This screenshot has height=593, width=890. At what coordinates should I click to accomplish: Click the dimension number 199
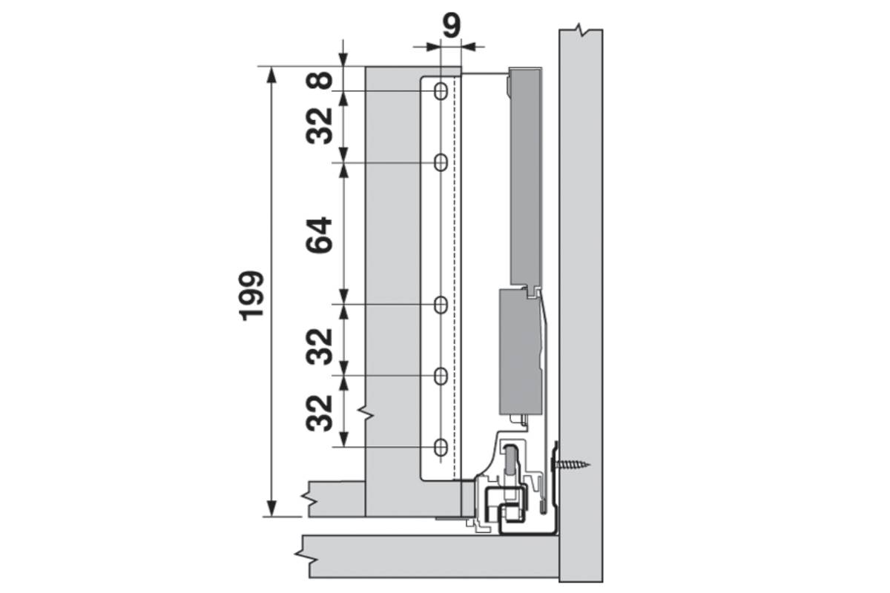[x=252, y=296]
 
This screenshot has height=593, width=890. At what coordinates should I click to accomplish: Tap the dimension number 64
[x=319, y=235]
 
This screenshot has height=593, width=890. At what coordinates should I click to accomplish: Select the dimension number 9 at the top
[x=452, y=25]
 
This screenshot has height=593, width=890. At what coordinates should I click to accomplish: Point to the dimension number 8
[x=319, y=80]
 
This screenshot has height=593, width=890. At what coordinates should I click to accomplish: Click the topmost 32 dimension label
[x=319, y=126]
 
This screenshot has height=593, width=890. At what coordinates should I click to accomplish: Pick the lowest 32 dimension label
[x=319, y=413]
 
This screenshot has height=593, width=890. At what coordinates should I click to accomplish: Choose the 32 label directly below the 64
[x=319, y=347]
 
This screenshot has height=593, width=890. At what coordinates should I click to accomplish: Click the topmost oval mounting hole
[x=441, y=91]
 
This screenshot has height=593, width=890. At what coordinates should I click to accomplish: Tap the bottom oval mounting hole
[x=441, y=447]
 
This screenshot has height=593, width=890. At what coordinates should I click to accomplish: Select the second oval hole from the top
[x=441, y=162]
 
